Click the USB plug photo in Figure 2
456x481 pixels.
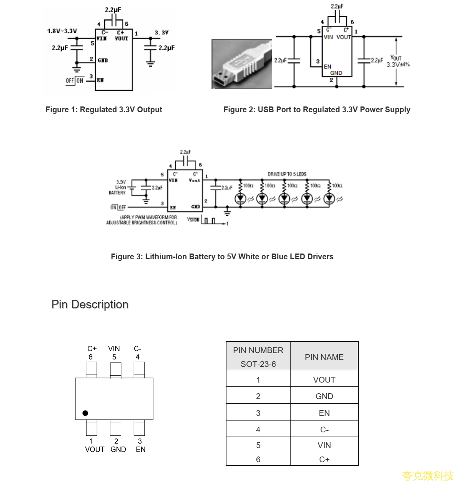[241, 64]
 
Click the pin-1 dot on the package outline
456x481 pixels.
[85, 413]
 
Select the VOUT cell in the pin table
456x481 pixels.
[324, 380]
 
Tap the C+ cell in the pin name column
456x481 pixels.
[324, 459]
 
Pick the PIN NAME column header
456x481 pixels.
[324, 357]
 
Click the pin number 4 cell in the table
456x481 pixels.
[258, 430]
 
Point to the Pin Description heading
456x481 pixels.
[90, 304]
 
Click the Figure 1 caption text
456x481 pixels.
[104, 110]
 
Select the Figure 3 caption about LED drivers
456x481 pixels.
[222, 257]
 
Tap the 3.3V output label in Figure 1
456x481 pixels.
[161, 33]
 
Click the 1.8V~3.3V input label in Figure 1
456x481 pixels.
[62, 31]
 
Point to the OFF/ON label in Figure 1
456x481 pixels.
[74, 80]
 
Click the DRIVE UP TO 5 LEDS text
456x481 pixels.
[287, 174]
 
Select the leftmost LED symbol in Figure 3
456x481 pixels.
[241, 198]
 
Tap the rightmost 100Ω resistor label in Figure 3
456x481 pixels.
[337, 186]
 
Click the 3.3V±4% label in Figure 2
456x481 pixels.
[398, 64]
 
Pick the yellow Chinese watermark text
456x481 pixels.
[428, 475]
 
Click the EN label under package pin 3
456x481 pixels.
[141, 449]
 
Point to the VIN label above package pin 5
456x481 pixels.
[114, 348]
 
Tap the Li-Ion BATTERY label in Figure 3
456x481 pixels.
[118, 187]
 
